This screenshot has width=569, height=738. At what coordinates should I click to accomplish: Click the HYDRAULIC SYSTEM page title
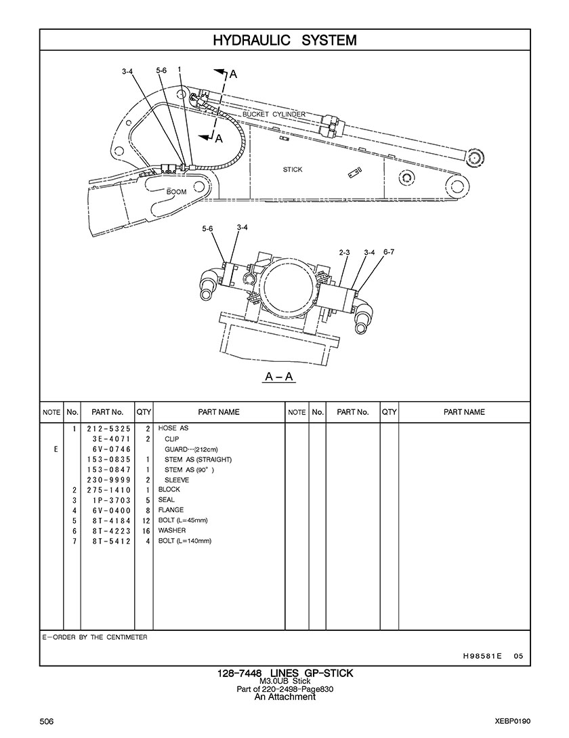coord(284,41)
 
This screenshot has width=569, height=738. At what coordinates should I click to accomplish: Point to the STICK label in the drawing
coord(293,169)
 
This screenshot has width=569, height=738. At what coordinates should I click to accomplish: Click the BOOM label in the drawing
coord(176,192)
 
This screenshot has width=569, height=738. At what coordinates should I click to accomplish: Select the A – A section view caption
coord(279,377)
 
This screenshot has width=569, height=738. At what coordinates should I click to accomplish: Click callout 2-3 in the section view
coord(344,253)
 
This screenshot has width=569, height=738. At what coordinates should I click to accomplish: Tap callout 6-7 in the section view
coord(389,252)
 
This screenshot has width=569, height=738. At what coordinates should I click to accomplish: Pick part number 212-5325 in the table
coord(108,429)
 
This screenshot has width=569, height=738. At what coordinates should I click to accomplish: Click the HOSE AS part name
coord(173,429)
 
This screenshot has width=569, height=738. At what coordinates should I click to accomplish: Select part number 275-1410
coord(108,489)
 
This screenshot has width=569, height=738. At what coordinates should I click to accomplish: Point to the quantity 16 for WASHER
coord(146,531)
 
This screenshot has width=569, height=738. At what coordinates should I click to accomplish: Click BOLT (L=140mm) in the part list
coord(185,541)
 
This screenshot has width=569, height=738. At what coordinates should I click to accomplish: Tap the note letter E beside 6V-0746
coord(56,449)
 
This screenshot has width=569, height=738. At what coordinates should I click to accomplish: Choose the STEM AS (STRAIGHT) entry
coord(198,459)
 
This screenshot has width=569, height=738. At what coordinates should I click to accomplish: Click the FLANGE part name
coord(171,510)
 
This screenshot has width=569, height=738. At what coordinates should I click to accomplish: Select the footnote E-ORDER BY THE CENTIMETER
coord(95,638)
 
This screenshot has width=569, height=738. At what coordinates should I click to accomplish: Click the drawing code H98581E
coord(482,655)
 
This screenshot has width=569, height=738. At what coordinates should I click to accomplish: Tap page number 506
coord(47,720)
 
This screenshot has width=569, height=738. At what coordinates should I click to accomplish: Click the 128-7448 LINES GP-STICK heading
coord(284,673)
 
